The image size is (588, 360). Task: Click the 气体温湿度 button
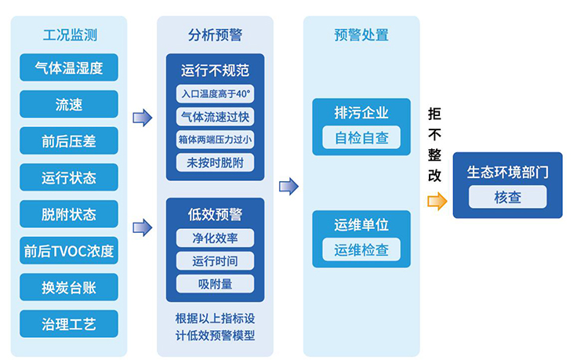[69, 67]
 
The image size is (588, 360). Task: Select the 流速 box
[69, 104]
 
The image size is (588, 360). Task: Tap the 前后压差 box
[69, 141]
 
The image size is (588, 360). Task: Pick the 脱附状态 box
[69, 214]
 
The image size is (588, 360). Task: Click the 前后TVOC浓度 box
[69, 251]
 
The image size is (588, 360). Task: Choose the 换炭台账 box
[69, 287]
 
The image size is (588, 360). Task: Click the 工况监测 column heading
[69, 35]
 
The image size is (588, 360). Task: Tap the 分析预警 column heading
[215, 35]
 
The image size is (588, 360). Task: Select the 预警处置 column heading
[361, 35]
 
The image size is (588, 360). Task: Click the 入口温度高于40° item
[215, 94]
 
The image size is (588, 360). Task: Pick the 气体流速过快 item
[215, 117]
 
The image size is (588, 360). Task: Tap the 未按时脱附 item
[215, 162]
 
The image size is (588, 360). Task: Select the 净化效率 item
[215, 238]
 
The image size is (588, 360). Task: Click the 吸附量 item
[215, 283]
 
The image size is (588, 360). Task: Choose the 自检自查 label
[361, 137]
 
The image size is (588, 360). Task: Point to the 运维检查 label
[361, 249]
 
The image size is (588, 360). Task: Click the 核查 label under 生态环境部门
[507, 197]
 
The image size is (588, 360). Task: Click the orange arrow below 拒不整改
[436, 202]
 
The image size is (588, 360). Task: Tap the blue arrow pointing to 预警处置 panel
[289, 186]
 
